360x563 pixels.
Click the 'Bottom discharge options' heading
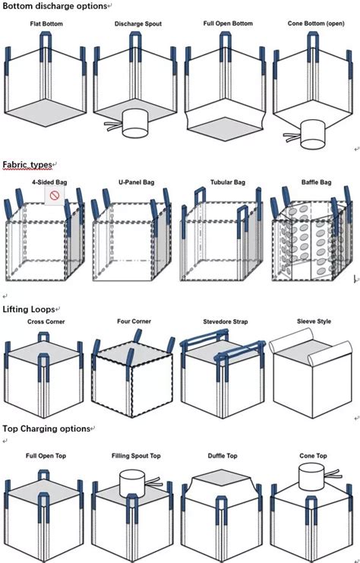click(x=55, y=6)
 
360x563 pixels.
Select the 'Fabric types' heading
click(x=28, y=164)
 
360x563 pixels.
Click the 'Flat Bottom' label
click(x=48, y=24)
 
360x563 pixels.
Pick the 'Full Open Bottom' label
click(x=226, y=24)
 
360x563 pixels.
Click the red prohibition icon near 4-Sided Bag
click(x=55, y=196)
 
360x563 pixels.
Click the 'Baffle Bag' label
click(x=316, y=183)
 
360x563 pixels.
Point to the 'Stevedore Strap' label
click(x=225, y=321)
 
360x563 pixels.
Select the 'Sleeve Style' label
click(x=313, y=321)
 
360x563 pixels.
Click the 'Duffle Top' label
click(x=225, y=457)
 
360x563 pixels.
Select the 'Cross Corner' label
click(x=47, y=321)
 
